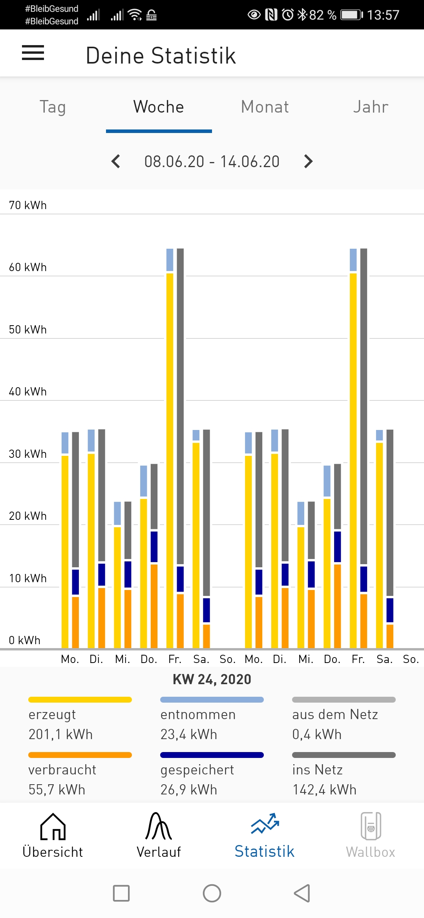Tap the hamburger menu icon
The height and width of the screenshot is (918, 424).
pyautogui.click(x=33, y=53)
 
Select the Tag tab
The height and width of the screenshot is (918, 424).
pyautogui.click(x=53, y=107)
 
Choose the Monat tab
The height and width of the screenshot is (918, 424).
pyautogui.click(x=265, y=107)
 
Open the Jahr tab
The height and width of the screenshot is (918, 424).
pyautogui.click(x=371, y=107)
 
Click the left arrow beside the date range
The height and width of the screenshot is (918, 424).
pyautogui.click(x=116, y=161)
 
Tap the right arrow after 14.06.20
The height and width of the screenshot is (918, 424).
pyautogui.click(x=309, y=161)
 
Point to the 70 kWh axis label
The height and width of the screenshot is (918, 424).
pyautogui.click(x=28, y=205)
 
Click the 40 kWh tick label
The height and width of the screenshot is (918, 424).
pyautogui.click(x=28, y=392)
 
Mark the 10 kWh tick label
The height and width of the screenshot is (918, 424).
pyautogui.click(x=28, y=578)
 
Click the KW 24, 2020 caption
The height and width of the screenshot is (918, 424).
pyautogui.click(x=212, y=679)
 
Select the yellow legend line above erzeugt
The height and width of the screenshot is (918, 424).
pyautogui.click(x=80, y=699)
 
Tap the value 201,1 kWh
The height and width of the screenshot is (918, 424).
pyautogui.click(x=60, y=734)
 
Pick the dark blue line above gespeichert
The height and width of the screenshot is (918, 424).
pyautogui.click(x=212, y=755)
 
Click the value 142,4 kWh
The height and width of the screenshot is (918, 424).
pyautogui.click(x=324, y=790)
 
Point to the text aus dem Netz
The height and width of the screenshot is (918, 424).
pyautogui.click(x=335, y=715)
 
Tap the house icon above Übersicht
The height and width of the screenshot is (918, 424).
pyautogui.click(x=53, y=827)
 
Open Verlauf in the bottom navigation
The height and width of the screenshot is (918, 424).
pyautogui.click(x=159, y=836)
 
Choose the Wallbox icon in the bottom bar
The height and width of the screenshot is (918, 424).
pyautogui.click(x=371, y=826)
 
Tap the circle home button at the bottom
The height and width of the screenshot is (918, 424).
pyautogui.click(x=212, y=893)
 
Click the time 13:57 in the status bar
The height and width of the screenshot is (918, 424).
pyautogui.click(x=383, y=15)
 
